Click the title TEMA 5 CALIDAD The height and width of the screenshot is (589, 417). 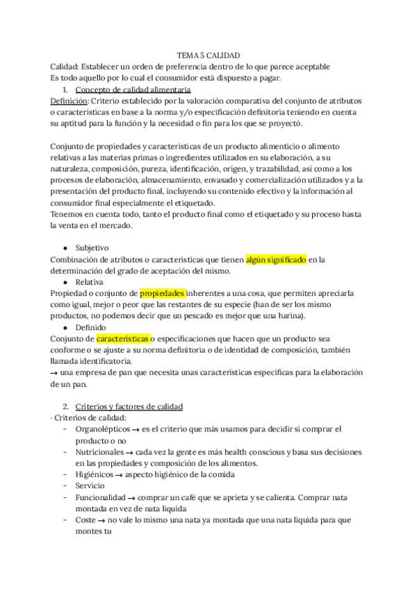208,56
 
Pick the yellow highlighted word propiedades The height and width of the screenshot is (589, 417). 163,293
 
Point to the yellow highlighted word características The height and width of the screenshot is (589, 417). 122,338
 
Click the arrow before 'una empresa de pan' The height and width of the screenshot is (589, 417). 56,372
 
